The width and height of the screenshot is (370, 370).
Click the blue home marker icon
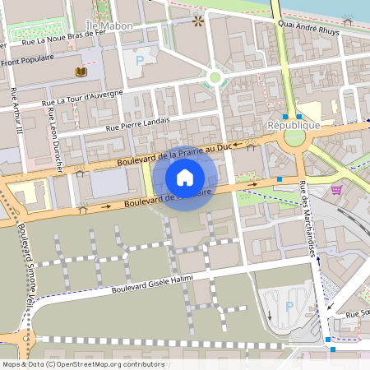(x=185, y=178)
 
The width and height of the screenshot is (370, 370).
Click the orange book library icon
(x=81, y=73)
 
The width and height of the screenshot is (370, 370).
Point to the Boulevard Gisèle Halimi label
(x=151, y=284)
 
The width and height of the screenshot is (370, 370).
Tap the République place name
(x=294, y=124)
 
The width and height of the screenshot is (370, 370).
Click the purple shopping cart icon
(x=335, y=190)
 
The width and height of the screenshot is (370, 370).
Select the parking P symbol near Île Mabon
(x=140, y=60)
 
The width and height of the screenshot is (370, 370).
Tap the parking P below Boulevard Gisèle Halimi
(x=288, y=306)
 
